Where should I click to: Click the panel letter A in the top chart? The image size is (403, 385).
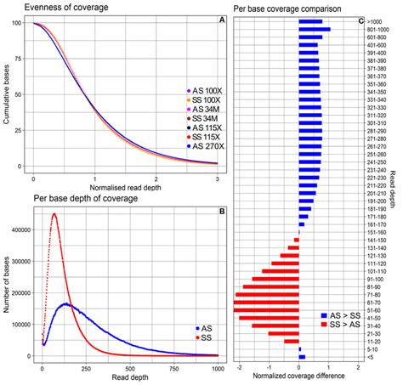(x=221, y=20)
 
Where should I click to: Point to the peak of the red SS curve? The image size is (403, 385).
(x=55, y=215)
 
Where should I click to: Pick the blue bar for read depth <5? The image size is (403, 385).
(x=302, y=357)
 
